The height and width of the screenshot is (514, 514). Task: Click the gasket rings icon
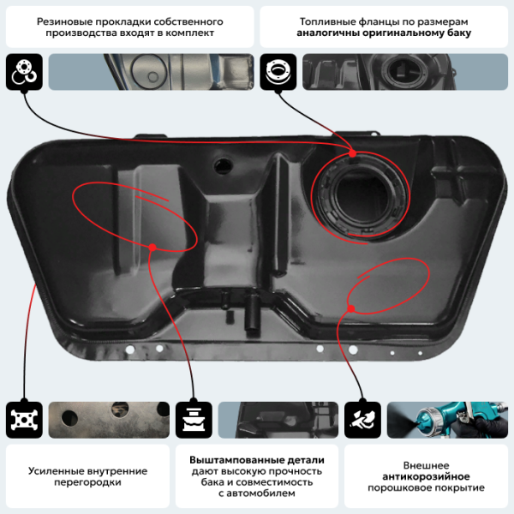pos(24,72)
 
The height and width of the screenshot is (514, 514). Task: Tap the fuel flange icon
pos(278,72)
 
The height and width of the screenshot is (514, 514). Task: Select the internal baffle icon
pos(24,420)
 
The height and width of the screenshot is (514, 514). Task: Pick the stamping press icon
pos(194,420)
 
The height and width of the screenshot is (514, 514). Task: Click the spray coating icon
pos(362,420)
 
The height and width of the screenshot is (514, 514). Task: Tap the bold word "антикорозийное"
pos(426,476)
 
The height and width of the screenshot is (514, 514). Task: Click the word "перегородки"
pos(87,482)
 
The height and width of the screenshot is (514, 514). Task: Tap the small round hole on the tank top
pos(224,164)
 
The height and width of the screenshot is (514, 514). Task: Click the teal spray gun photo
pos(447,420)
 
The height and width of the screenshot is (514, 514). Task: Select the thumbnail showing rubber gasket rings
pos(151,72)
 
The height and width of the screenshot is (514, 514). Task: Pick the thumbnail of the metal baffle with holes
pos(109,420)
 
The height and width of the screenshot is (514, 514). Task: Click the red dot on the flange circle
pos(353,153)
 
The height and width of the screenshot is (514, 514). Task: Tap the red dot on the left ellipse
pos(152,248)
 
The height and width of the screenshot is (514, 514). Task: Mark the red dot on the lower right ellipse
pos(351,308)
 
